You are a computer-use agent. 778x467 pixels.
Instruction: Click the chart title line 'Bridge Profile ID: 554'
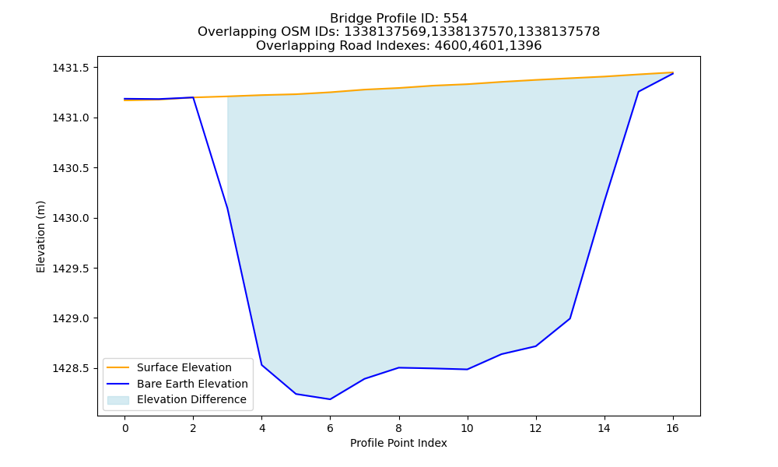click(398, 19)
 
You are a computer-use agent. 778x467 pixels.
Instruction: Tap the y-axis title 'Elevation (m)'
click(40, 237)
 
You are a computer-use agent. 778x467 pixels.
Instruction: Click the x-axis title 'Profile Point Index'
click(398, 443)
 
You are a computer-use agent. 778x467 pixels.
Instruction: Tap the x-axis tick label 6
click(330, 428)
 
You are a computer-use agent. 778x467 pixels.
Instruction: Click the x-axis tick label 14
click(604, 428)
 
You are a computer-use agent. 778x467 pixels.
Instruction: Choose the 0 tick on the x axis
click(124, 428)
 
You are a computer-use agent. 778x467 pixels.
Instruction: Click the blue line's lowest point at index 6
click(330, 399)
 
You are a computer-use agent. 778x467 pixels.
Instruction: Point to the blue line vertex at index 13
click(569, 318)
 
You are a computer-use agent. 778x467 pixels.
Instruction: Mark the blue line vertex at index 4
click(261, 365)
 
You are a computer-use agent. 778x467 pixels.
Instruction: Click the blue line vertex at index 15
click(638, 92)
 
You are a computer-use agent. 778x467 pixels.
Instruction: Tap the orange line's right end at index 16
click(673, 72)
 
